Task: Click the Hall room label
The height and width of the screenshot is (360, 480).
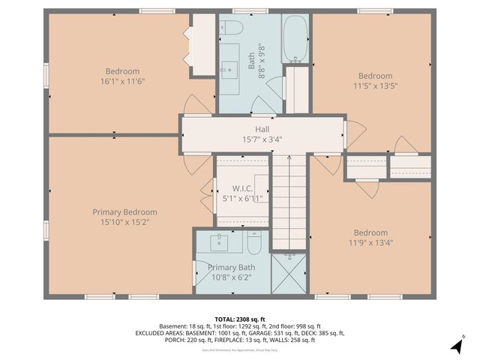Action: tap(262, 129)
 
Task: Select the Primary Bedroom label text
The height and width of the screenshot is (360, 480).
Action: tap(124, 212)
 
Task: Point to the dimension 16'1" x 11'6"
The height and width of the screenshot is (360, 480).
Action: tap(122, 81)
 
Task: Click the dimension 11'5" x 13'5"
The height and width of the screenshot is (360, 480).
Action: tap(375, 85)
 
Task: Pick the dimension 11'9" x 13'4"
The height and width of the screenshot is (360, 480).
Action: tap(370, 242)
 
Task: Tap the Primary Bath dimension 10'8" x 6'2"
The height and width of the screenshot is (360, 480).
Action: tap(231, 277)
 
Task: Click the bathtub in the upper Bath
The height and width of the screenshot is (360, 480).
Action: tap(295, 39)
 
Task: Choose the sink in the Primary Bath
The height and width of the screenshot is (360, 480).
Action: tap(220, 243)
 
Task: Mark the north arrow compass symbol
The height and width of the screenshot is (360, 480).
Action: tap(455, 346)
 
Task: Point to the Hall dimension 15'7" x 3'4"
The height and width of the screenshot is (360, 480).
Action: tap(262, 139)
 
